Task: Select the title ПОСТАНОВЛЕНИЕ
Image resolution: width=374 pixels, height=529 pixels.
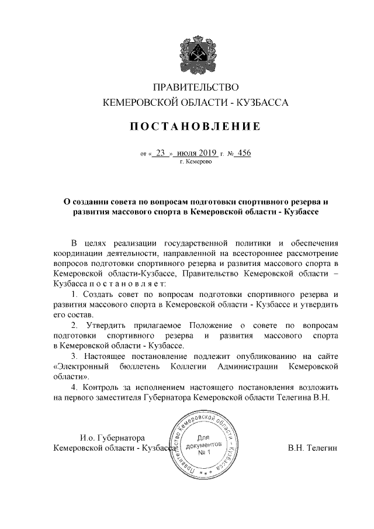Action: click(195, 126)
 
